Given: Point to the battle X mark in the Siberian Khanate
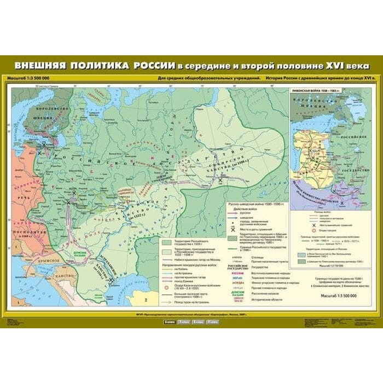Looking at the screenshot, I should (x=220, y=180).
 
